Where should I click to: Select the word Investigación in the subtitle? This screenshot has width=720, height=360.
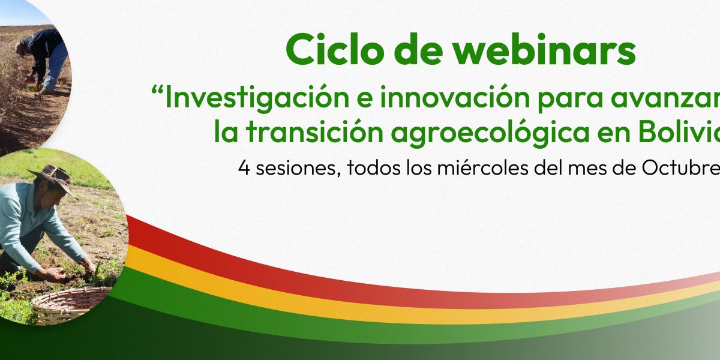257,98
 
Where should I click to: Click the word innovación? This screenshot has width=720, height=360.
455,97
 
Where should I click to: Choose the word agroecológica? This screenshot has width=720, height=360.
490,133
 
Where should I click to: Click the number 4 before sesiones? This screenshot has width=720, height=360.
244,168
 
